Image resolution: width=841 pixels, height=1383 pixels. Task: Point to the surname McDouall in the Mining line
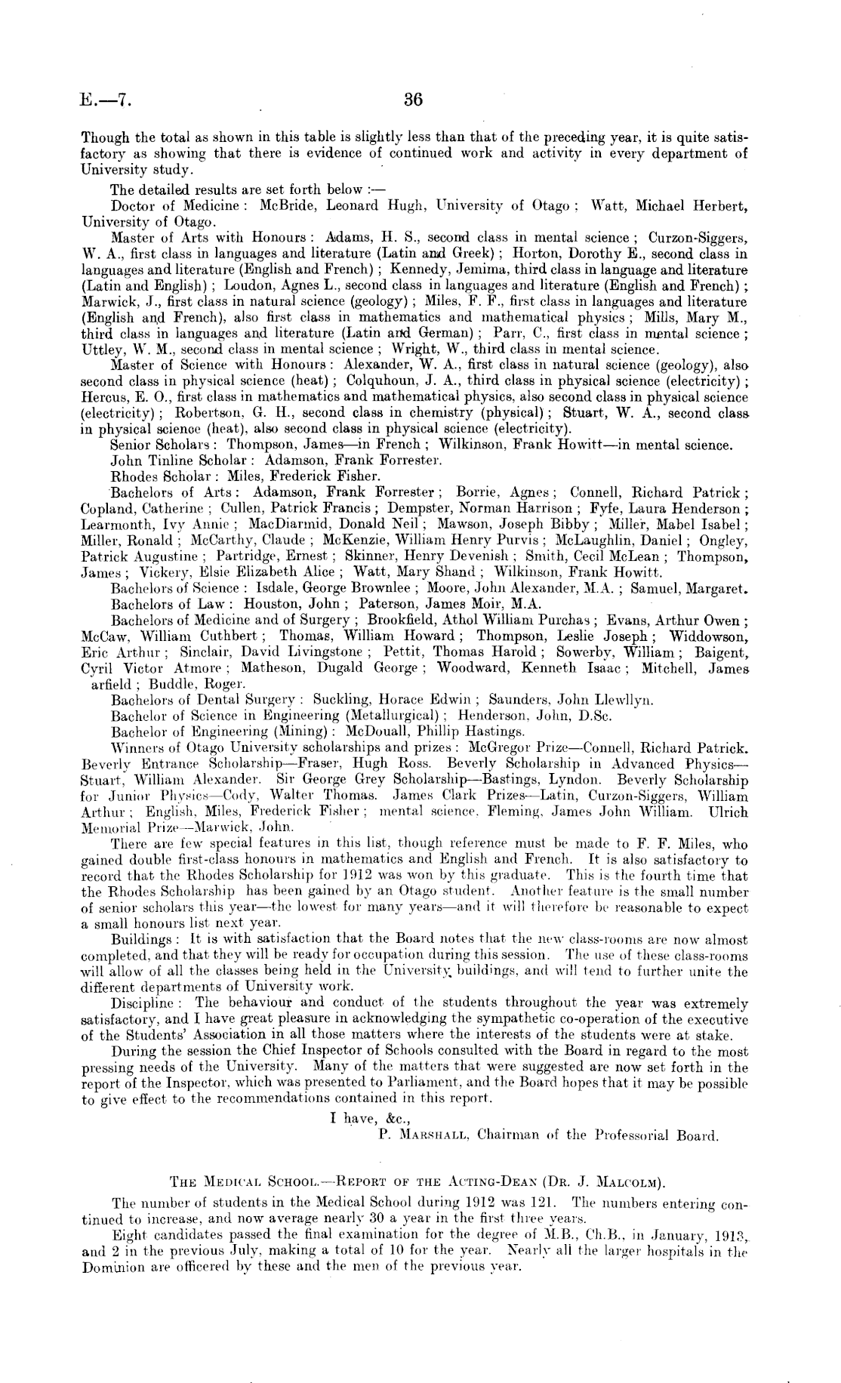[375, 732]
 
